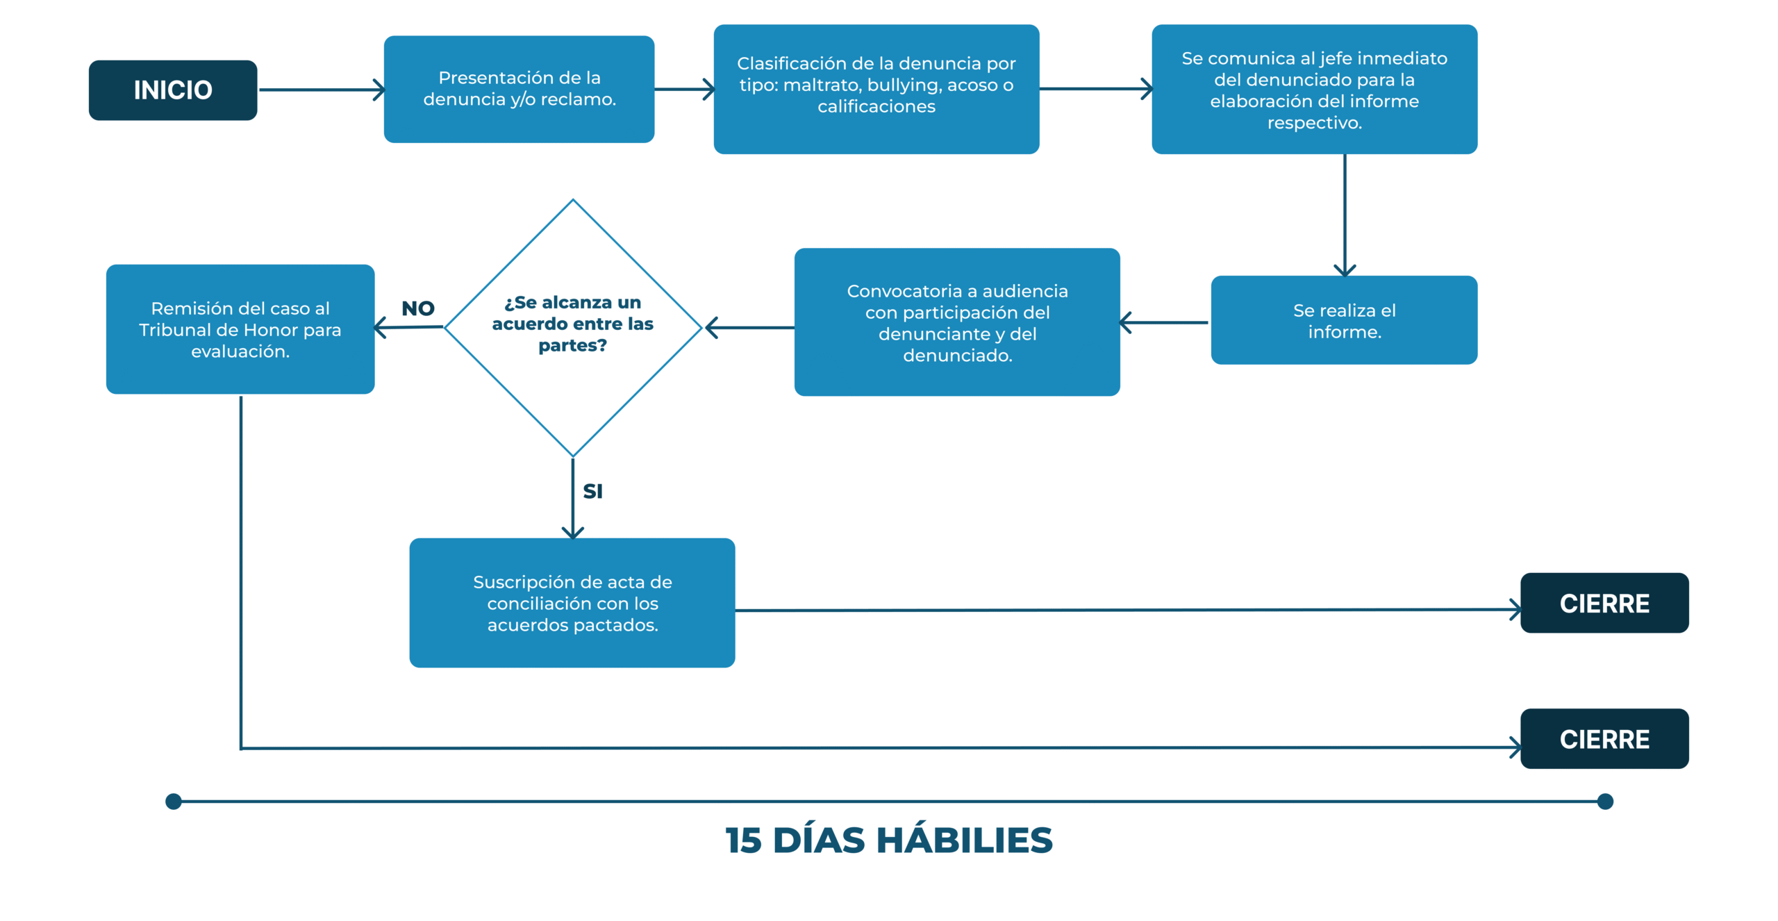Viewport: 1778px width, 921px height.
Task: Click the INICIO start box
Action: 173,90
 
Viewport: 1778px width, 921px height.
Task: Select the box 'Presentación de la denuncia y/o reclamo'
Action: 519,90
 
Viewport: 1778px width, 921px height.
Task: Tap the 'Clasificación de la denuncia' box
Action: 876,90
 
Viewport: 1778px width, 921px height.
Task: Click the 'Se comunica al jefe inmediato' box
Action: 1314,90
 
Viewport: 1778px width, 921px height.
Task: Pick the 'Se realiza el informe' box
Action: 1344,320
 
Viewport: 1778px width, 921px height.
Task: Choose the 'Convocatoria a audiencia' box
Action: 957,322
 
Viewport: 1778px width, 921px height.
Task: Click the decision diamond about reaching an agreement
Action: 573,328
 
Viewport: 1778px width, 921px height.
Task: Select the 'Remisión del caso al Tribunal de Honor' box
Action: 240,329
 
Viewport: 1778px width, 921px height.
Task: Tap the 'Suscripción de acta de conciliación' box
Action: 572,603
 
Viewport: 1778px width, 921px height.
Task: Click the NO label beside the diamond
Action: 418,308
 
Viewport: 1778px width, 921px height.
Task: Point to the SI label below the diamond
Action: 592,491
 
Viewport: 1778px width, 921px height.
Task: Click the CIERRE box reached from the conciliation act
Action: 1604,603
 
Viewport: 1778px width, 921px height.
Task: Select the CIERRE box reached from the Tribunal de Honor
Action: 1604,739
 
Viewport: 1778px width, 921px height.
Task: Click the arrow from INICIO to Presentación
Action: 322,90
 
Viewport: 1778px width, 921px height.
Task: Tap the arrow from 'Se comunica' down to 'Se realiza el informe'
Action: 1345,215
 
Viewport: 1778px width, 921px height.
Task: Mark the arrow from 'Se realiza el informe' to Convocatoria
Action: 1164,322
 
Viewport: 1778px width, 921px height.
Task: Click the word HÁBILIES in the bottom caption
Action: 965,840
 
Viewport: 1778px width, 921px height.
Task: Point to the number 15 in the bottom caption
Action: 743,841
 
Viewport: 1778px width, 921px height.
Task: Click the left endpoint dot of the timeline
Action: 174,802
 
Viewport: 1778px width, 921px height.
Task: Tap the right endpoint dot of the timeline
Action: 1605,802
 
